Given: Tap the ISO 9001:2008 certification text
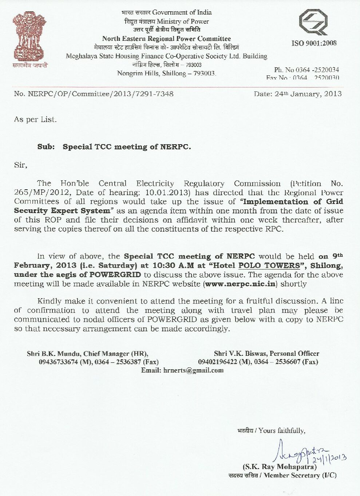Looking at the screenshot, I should click(x=314, y=43).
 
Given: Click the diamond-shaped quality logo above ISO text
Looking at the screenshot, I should click(x=313, y=22).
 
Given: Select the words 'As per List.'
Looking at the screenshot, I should click(x=35, y=119).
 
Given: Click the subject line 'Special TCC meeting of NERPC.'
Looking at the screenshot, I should click(x=127, y=147).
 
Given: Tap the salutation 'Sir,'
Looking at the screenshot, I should click(x=21, y=165).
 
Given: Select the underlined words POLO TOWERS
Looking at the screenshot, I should click(x=269, y=265).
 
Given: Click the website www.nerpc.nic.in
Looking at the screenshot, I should click(x=240, y=284).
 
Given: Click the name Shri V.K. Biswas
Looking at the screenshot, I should click(x=240, y=354).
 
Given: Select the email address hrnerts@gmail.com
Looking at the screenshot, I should click(x=193, y=370).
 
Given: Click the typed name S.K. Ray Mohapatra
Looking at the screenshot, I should click(x=280, y=467).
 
